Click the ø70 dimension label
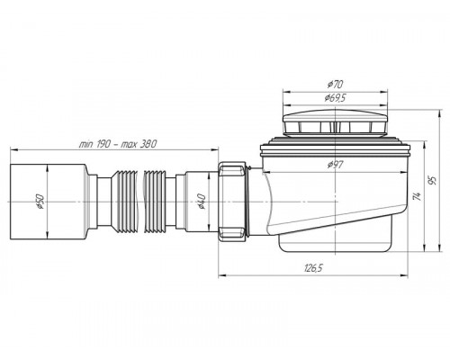coord(335,85)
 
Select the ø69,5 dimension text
coord(335,98)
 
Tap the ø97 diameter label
coord(335,165)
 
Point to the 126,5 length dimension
coord(313,268)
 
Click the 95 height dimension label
coord(432,181)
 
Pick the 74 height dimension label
coord(417,196)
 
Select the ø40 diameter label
coord(201,202)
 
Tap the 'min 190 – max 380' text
coord(118,144)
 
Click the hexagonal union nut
coord(232,202)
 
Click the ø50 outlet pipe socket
coord(48,202)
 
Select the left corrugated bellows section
coord(124,202)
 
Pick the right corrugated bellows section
coord(155,202)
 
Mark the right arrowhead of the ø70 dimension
coord(384,92)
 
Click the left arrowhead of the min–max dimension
coord(13,149)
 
